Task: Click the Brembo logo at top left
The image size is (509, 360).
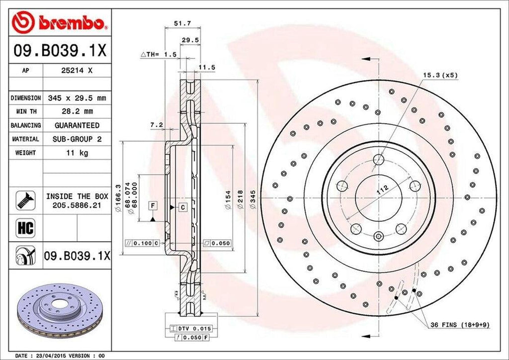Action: tap(60, 22)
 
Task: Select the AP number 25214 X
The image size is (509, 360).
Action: tap(77, 71)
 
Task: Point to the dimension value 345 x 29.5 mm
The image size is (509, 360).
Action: tap(77, 98)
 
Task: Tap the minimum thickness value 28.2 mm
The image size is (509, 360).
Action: tap(77, 112)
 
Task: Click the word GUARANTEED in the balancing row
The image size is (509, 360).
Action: tap(77, 125)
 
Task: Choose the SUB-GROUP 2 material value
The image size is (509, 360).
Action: tap(77, 139)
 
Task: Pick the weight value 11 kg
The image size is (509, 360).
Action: tap(77, 153)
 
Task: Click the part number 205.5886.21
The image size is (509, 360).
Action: tap(77, 204)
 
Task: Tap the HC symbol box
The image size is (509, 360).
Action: tap(25, 228)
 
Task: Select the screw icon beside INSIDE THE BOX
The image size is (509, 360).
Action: tap(25, 200)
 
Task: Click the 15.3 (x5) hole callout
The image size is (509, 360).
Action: tap(439, 75)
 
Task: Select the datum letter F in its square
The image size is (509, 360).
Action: tap(153, 205)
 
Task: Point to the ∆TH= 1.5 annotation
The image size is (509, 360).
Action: tap(159, 54)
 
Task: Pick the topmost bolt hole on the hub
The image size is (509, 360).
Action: tap(379, 160)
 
